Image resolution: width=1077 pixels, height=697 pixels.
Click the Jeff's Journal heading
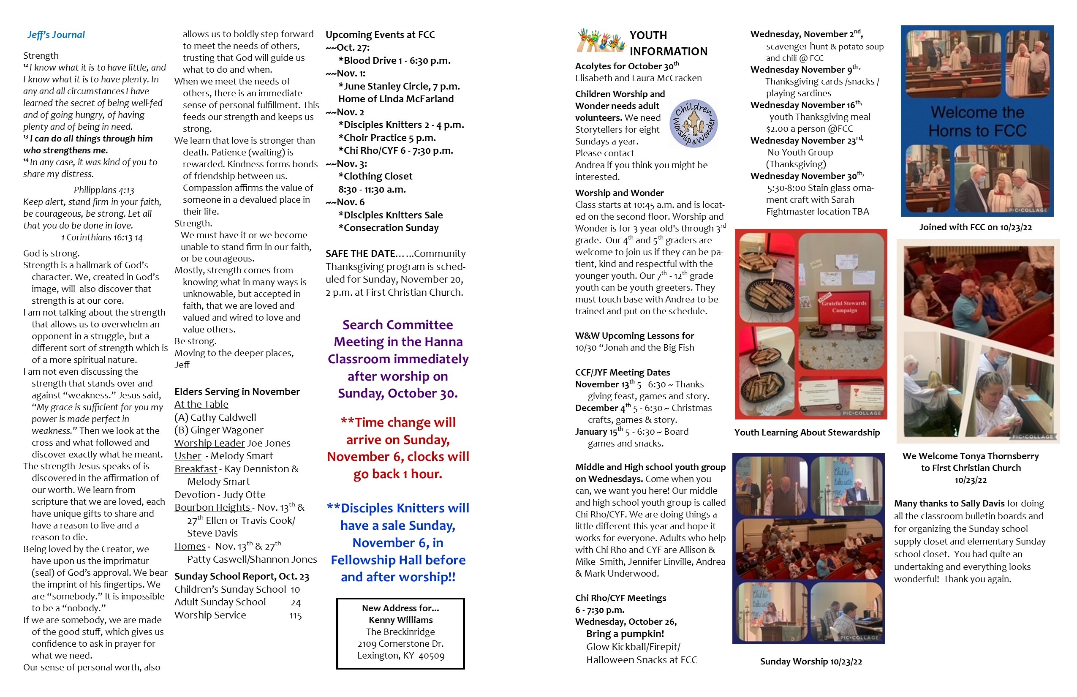pyautogui.click(x=56, y=35)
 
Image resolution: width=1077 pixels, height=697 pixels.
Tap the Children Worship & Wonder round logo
pyautogui.click(x=693, y=123)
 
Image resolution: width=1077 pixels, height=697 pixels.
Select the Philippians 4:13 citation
pyautogui.click(x=103, y=190)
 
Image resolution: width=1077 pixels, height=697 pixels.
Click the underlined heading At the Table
pyautogui.click(x=201, y=404)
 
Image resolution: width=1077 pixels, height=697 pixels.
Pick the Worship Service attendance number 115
pyautogui.click(x=295, y=615)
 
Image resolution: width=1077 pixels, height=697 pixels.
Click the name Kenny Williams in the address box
pyautogui.click(x=400, y=620)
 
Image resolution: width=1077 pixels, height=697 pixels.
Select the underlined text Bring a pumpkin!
pyautogui.click(x=625, y=634)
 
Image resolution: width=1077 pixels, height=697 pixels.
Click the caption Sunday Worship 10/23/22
pyautogui.click(x=810, y=661)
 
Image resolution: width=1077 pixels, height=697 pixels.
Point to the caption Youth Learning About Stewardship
pyautogui.click(x=807, y=432)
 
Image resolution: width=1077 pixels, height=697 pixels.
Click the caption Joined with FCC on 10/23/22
pyautogui.click(x=975, y=227)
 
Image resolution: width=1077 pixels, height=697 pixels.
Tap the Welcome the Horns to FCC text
pyautogui.click(x=977, y=121)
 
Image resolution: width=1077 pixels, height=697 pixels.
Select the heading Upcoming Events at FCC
pyautogui.click(x=380, y=35)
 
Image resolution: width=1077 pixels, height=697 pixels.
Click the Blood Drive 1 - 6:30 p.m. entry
pyautogui.click(x=394, y=61)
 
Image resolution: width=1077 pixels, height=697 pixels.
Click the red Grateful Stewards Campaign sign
pyautogui.click(x=843, y=307)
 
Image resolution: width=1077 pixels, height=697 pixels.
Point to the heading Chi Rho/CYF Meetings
pyautogui.click(x=620, y=598)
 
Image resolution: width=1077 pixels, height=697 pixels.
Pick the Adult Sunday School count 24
pyautogui.click(x=296, y=602)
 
